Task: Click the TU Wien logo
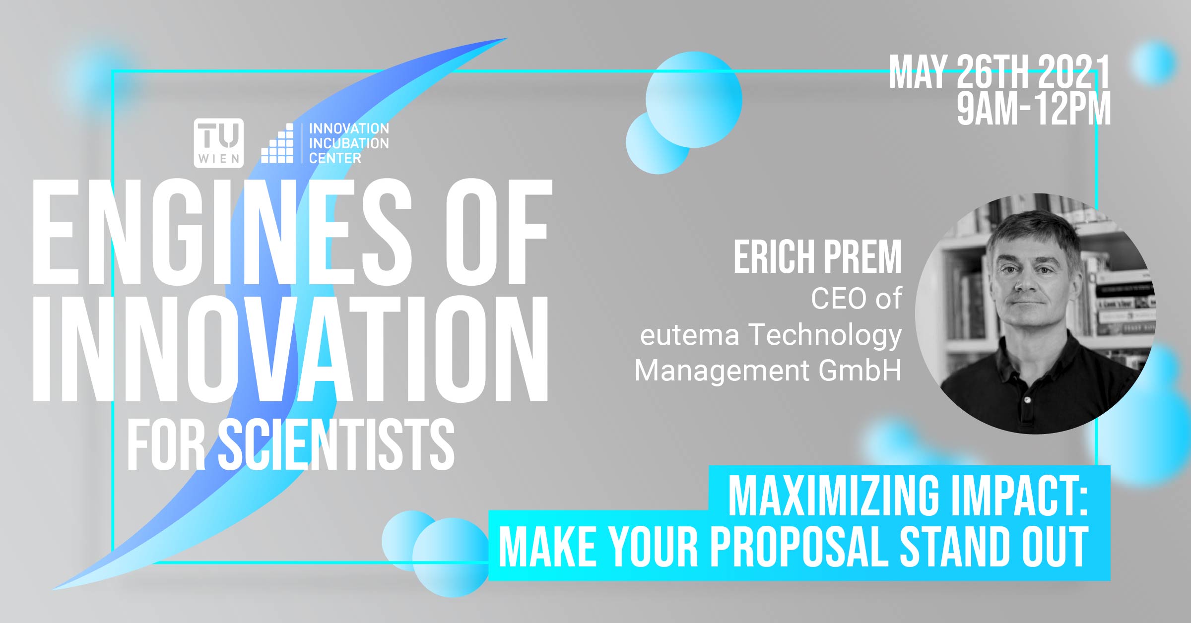click(x=218, y=143)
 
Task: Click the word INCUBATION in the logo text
click(x=349, y=143)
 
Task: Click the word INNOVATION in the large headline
click(x=291, y=349)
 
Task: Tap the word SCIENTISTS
click(x=336, y=444)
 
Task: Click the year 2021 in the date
click(x=1074, y=72)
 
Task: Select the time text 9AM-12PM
click(x=1034, y=109)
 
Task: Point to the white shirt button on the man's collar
click(x=1027, y=400)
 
